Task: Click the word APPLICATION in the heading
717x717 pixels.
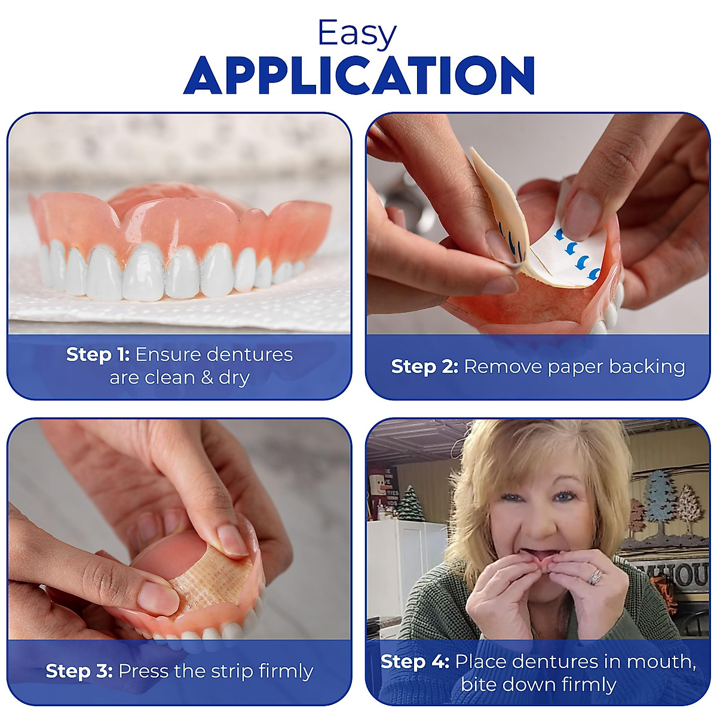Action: click(x=358, y=76)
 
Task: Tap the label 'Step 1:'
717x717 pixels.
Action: click(x=97, y=354)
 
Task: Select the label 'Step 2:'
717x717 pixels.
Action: click(x=424, y=366)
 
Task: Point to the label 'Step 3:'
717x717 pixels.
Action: click(x=79, y=671)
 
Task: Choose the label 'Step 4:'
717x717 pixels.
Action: click(x=415, y=661)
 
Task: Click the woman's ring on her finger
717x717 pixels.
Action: click(x=596, y=577)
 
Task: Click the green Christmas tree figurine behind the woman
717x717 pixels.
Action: click(x=410, y=505)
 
